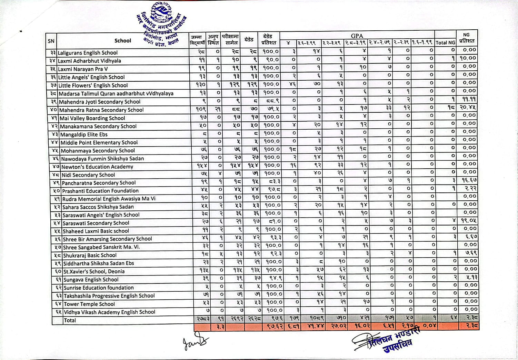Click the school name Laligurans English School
(x=88, y=53)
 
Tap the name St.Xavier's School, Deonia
(x=94, y=271)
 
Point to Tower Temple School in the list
(x=89, y=304)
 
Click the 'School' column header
(x=123, y=41)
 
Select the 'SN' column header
(x=51, y=41)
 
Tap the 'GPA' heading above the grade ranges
(x=357, y=36)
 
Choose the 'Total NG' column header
(x=445, y=43)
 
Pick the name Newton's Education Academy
(x=97, y=167)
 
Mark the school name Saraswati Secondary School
(x=96, y=223)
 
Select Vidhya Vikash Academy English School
(x=109, y=312)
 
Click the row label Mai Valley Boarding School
(x=92, y=118)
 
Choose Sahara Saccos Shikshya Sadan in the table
(x=98, y=207)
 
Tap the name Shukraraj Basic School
(x=90, y=256)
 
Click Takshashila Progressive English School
(x=109, y=296)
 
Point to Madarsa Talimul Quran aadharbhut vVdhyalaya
(x=116, y=93)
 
